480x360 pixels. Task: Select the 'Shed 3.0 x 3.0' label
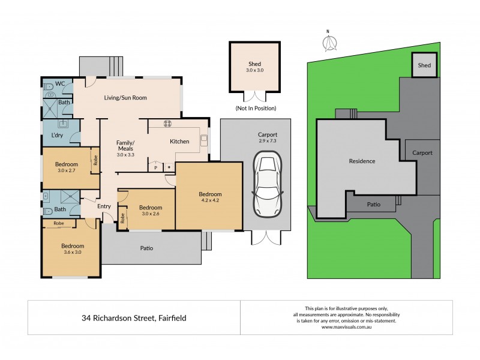click(255, 67)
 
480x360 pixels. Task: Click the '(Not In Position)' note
click(256, 109)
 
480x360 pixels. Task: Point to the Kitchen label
click(179, 142)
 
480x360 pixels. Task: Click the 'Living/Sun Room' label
click(125, 98)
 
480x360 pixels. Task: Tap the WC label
click(60, 83)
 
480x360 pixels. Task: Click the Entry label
click(104, 207)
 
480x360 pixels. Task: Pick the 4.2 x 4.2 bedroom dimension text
click(210, 201)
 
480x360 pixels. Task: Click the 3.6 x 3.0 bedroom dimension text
click(72, 253)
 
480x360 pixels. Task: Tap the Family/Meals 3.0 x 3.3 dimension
click(125, 155)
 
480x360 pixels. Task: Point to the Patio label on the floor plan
click(146, 247)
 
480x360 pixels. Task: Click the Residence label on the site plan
click(362, 161)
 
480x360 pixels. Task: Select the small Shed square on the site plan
click(424, 65)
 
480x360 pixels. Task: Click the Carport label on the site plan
click(422, 153)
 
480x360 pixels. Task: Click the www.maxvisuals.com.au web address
click(346, 327)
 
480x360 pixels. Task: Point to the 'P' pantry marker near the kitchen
click(156, 167)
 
